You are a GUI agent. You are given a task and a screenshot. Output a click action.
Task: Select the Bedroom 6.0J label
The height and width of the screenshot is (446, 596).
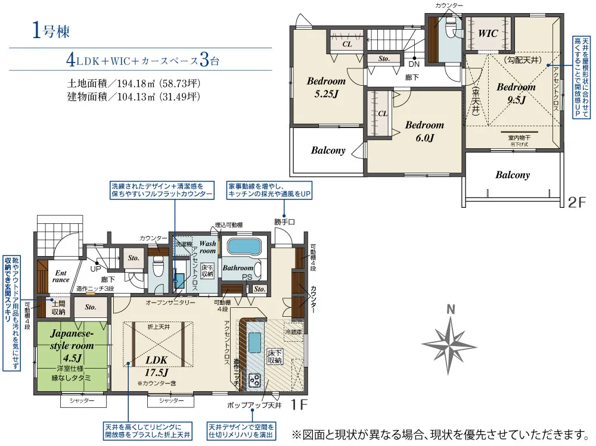point(424,131)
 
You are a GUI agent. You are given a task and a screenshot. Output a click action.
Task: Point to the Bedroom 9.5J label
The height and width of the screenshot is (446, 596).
point(516,93)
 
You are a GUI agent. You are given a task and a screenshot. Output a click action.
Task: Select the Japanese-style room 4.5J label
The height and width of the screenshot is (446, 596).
point(72,345)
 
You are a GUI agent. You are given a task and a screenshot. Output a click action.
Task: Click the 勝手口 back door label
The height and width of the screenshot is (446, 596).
point(284,222)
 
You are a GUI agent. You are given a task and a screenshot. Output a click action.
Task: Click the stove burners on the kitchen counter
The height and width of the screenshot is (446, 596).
point(254,379)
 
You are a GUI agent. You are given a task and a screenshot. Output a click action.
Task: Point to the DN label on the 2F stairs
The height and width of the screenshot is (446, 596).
point(412,63)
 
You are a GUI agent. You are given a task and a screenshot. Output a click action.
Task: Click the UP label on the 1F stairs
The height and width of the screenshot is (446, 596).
point(95,269)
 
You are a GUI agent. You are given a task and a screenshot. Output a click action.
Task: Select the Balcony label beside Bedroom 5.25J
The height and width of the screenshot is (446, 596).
point(328,151)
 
